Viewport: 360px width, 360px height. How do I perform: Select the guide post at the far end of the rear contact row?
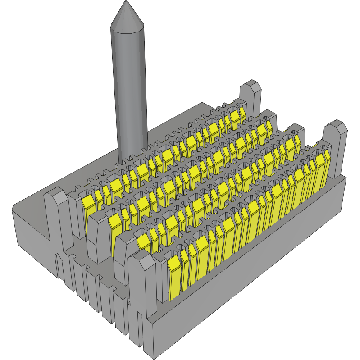[x=251, y=97]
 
